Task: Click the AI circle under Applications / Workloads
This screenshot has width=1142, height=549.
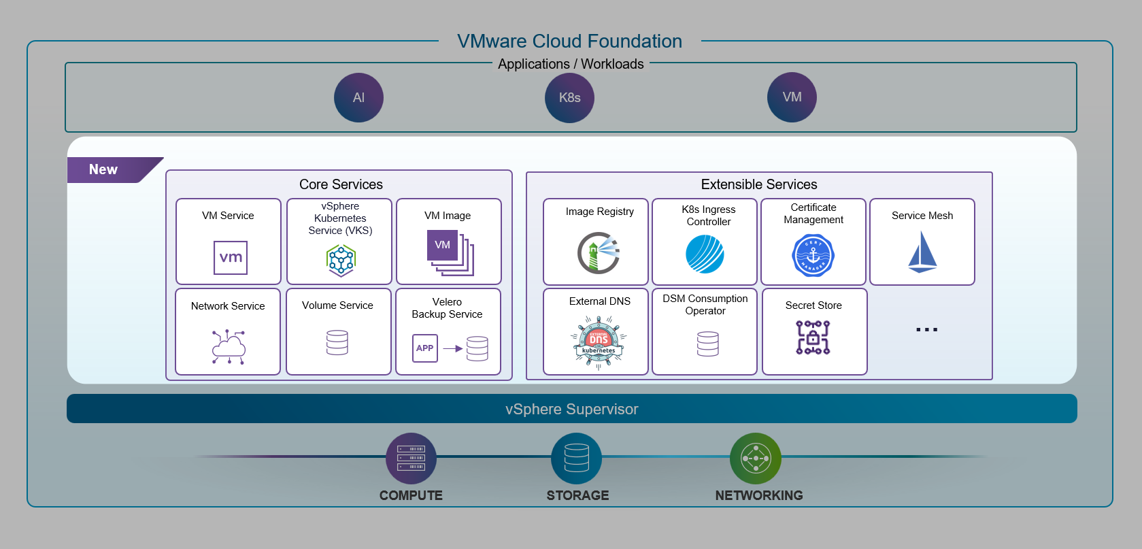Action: [358, 98]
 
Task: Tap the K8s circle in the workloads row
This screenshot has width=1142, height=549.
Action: [569, 98]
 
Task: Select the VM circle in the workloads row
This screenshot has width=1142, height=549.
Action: [792, 97]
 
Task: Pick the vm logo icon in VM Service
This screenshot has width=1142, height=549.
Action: [231, 258]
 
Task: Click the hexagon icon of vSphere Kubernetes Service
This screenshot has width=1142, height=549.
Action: [341, 260]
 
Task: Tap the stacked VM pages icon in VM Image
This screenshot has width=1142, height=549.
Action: [449, 252]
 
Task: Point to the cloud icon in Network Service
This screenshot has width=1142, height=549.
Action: [229, 347]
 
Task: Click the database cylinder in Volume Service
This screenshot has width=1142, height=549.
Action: [337, 343]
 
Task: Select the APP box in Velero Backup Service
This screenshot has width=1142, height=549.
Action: [425, 348]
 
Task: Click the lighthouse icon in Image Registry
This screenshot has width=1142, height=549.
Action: [599, 252]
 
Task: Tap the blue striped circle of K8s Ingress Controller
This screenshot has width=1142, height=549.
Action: [705, 254]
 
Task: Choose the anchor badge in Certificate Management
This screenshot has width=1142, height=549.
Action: [813, 256]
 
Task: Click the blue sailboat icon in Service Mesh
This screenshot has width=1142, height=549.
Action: [922, 252]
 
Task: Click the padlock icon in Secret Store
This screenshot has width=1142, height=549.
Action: [813, 337]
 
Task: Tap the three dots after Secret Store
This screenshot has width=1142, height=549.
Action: [926, 329]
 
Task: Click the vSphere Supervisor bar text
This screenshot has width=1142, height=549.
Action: [571, 410]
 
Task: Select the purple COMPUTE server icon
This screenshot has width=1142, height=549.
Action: [411, 459]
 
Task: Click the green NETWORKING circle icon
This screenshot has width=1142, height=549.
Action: [755, 459]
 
